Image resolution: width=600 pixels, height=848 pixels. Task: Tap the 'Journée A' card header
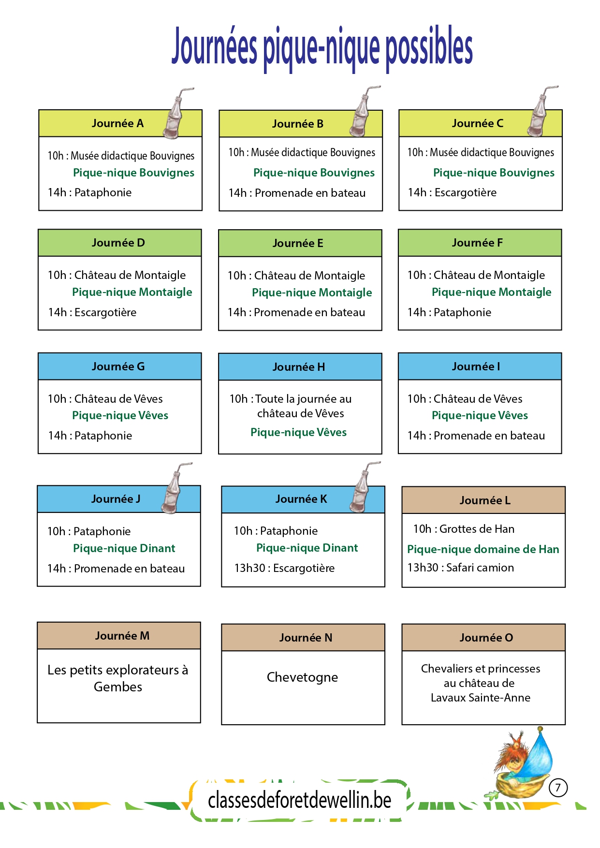click(x=120, y=123)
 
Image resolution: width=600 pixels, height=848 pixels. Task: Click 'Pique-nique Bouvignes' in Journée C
click(x=494, y=173)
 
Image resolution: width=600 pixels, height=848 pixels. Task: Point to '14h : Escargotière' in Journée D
click(x=92, y=312)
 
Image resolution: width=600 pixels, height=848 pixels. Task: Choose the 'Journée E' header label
click(x=298, y=243)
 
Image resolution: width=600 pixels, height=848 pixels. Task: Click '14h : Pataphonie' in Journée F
click(x=449, y=312)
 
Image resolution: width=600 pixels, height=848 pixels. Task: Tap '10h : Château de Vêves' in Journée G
click(x=105, y=398)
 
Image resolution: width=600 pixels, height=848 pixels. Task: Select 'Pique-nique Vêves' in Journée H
click(x=298, y=432)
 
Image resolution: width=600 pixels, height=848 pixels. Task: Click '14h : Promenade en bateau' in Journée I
click(x=476, y=436)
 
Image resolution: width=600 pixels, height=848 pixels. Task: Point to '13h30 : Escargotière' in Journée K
click(x=284, y=568)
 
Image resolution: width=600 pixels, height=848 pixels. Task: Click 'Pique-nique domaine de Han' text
click(x=483, y=549)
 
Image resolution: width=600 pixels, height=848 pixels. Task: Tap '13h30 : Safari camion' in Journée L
click(x=460, y=568)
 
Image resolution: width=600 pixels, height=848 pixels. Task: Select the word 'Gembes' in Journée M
click(x=118, y=687)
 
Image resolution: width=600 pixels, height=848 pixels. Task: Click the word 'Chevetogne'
click(x=302, y=677)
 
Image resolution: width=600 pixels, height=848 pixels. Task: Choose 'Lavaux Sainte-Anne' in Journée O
click(x=481, y=698)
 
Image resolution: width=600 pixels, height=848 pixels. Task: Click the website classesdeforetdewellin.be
click(x=300, y=801)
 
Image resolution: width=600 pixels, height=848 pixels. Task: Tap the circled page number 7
click(x=558, y=788)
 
